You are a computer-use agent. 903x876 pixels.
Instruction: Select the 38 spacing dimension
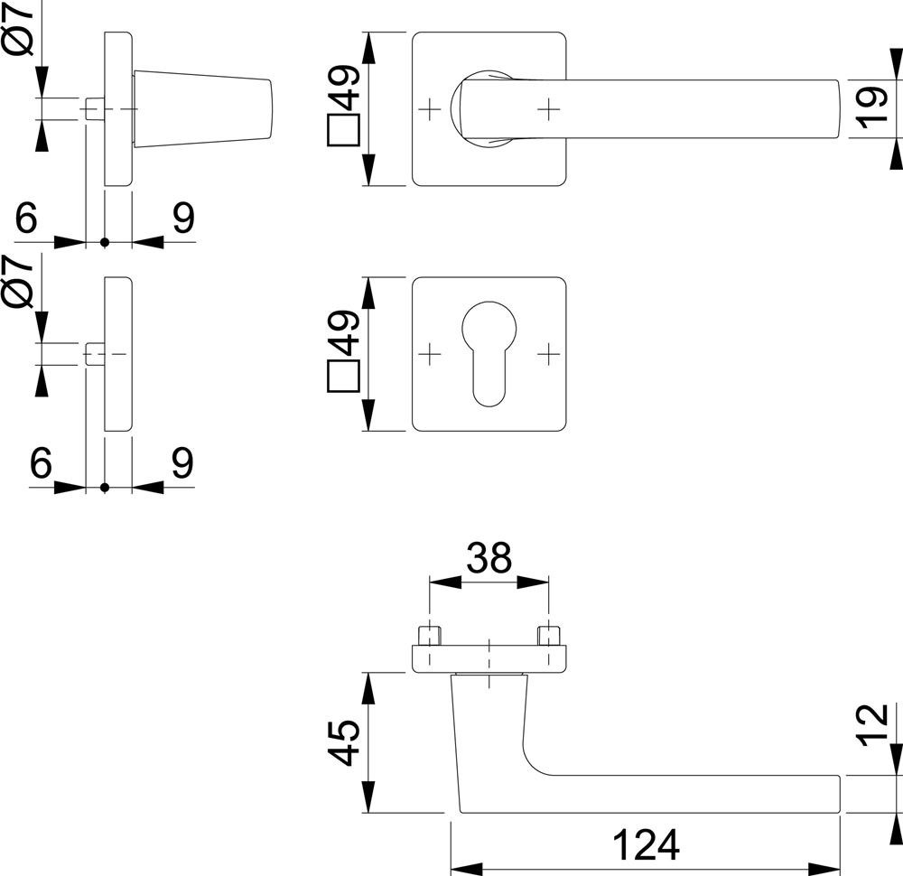[x=489, y=559]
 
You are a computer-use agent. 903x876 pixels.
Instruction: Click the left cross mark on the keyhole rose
[x=431, y=353]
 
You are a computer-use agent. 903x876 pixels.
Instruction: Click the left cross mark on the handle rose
[x=431, y=109]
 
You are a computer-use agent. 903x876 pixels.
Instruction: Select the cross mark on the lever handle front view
[x=547, y=109]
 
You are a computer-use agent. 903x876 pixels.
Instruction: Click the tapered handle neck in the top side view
[x=203, y=109]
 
